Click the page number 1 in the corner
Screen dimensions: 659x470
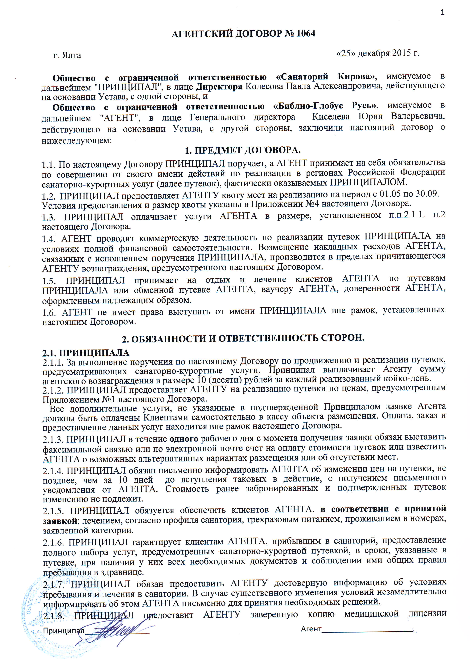(x=442, y=12)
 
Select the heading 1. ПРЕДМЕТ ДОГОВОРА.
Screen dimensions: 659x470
(x=243, y=151)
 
